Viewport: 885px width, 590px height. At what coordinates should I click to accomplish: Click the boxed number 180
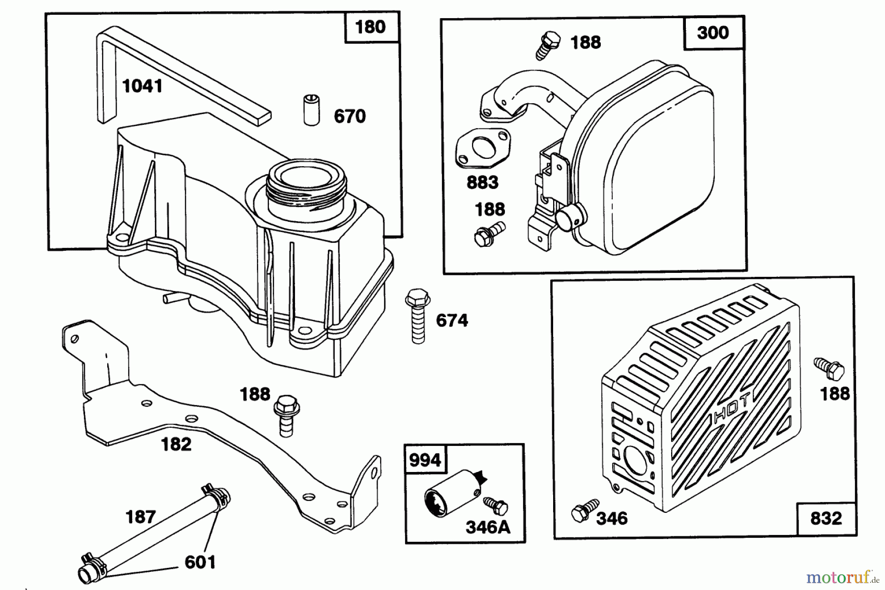[x=370, y=27]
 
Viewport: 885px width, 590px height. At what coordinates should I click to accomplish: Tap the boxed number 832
[x=826, y=518]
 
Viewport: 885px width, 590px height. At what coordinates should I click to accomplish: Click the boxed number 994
[x=425, y=461]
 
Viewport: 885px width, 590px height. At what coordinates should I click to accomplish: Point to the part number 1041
[x=142, y=87]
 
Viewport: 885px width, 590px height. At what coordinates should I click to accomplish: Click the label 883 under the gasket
[x=482, y=183]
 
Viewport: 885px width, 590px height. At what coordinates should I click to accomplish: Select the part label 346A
[x=488, y=528]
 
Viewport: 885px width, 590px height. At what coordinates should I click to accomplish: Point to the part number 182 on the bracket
[x=176, y=444]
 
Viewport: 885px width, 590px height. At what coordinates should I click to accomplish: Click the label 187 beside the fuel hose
[x=141, y=517]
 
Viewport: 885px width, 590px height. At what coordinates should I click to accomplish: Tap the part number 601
[x=200, y=562]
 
